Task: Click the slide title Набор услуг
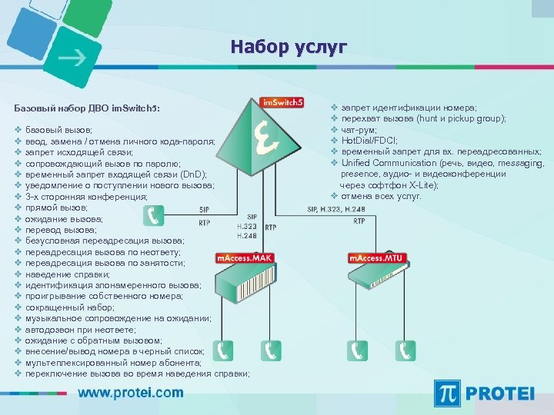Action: [x=288, y=48]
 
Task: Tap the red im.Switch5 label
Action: [x=282, y=102]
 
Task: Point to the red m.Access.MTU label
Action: [x=377, y=257]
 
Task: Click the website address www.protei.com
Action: [x=131, y=393]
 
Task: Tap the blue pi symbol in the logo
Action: [x=448, y=393]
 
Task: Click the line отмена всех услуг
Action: [x=381, y=196]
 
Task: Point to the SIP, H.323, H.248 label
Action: [x=336, y=209]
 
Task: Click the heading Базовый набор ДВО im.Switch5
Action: [x=88, y=108]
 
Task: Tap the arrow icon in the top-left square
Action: [x=73, y=58]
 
